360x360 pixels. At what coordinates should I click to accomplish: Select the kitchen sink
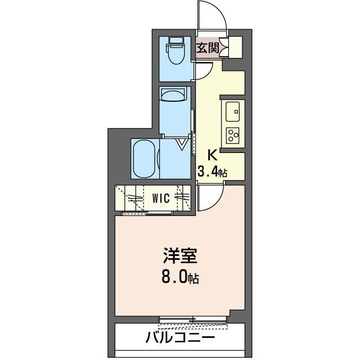[232, 111]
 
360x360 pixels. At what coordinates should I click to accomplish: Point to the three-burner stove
[232, 135]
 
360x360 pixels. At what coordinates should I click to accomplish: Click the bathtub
[145, 160]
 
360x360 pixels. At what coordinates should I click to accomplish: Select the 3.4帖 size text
[211, 172]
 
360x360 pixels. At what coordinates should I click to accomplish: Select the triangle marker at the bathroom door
[183, 145]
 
